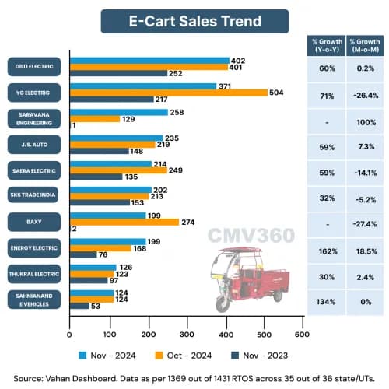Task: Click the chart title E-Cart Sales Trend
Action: [x=194, y=21]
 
